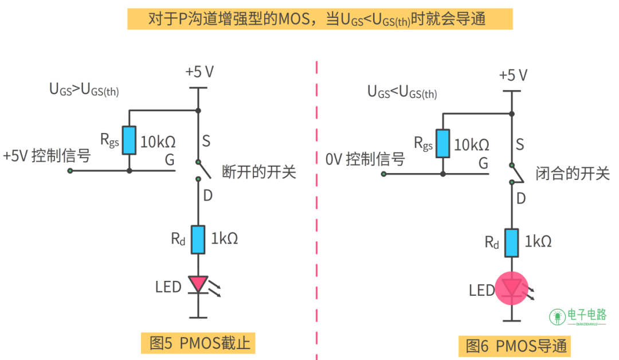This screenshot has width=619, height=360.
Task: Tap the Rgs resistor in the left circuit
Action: pos(129,140)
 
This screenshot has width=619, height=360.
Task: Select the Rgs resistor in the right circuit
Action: pos(442,143)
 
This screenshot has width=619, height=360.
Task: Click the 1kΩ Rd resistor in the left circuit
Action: pos(198,239)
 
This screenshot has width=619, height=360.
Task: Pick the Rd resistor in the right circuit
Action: pos(511,242)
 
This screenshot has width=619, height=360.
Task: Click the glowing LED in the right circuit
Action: pos(511,288)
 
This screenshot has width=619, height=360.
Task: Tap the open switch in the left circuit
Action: pos(198,170)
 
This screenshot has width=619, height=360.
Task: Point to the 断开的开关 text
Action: pos(258,171)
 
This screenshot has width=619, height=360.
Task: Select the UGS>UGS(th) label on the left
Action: pos(84,89)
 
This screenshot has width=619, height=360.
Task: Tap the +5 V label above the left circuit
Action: pos(199,72)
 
